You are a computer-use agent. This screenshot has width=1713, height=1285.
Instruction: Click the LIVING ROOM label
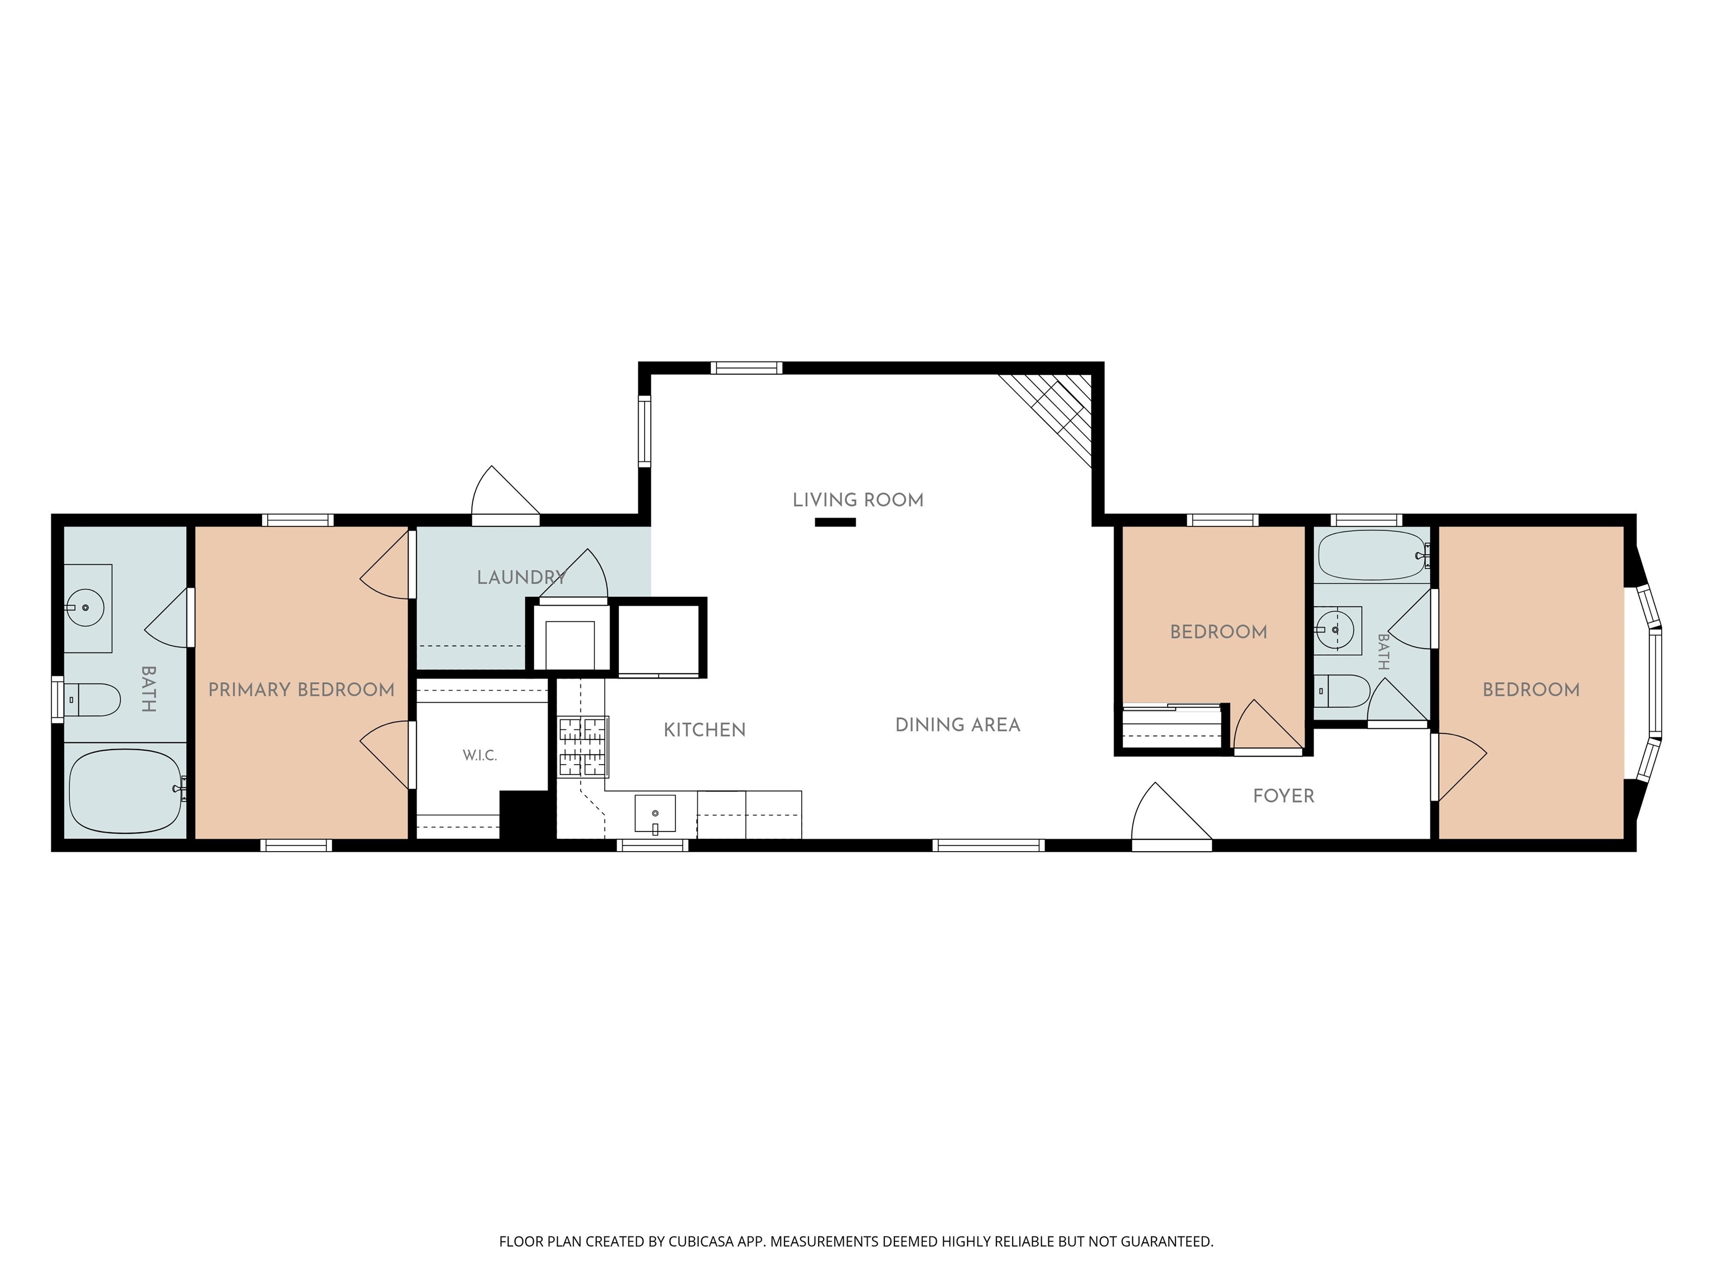point(858,500)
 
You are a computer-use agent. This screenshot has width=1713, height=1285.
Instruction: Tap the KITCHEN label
point(705,730)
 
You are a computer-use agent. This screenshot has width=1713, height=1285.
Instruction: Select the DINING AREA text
point(958,725)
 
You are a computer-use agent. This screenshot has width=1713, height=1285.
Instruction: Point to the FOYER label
point(1284,796)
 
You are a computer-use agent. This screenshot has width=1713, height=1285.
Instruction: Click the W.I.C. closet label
point(480,756)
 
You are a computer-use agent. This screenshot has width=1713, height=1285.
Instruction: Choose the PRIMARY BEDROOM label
point(301,689)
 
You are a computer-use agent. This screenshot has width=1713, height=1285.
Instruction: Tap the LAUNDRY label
point(521,577)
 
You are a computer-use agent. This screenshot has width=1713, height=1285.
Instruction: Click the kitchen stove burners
point(583,747)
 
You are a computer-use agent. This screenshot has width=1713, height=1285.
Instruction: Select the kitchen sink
point(655,813)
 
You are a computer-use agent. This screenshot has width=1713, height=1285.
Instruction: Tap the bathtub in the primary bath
point(125,791)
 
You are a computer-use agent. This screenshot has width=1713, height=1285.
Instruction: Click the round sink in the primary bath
point(85,608)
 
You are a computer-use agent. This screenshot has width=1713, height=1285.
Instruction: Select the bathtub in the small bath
point(1372,555)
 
